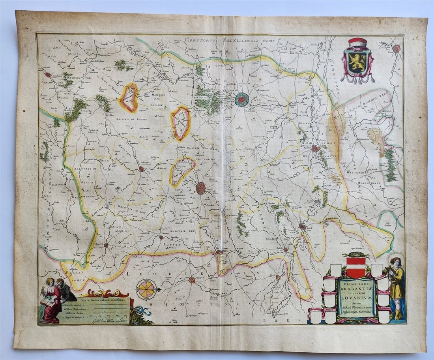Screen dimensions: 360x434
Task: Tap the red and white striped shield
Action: tap(355, 267)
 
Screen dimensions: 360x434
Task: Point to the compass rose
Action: tap(146, 289)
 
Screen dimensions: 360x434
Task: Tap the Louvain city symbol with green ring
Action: tap(241, 99)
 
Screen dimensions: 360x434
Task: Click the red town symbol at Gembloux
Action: tap(47, 75)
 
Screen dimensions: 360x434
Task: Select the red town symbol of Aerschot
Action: tap(315, 148)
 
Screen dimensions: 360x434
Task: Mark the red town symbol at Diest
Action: tap(302, 227)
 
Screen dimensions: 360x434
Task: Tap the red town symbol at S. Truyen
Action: tap(192, 279)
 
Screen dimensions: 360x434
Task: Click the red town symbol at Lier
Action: tap(396, 49)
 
